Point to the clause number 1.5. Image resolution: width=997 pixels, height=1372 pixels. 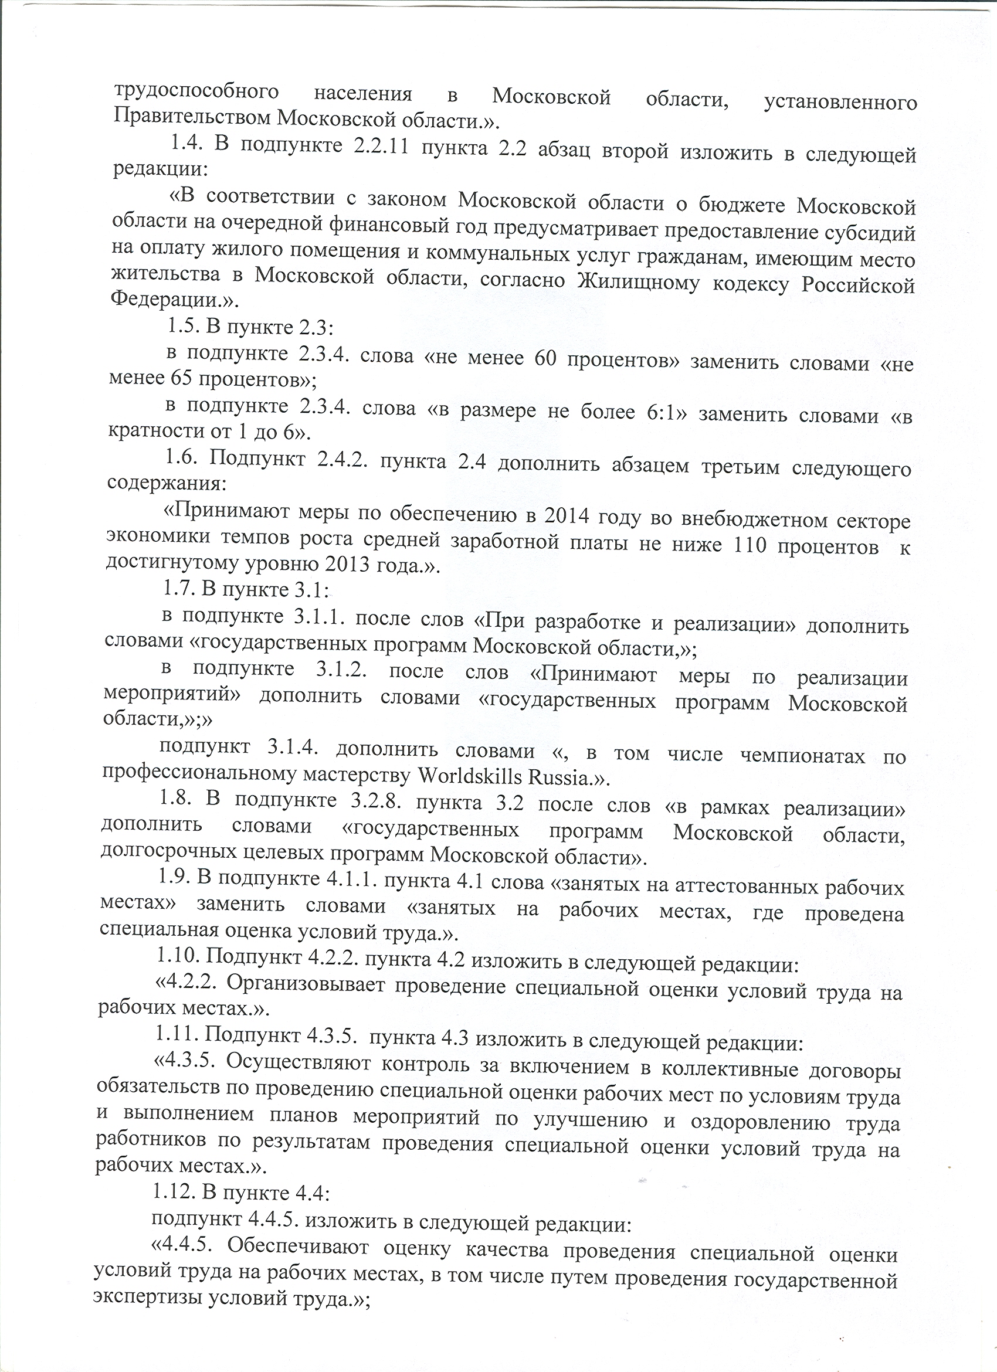179,326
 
